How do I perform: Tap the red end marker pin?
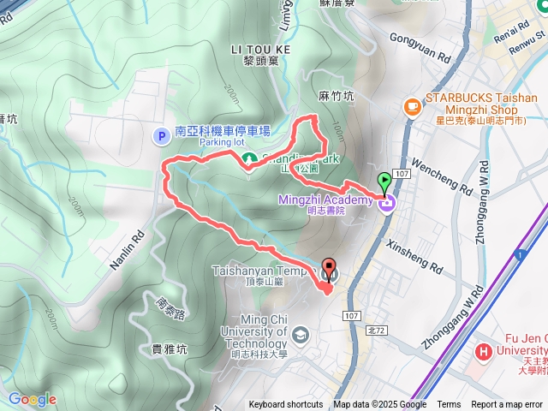click(330, 268)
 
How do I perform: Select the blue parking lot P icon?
click(160, 135)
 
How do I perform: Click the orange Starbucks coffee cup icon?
click(413, 105)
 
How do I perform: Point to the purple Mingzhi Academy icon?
click(386, 203)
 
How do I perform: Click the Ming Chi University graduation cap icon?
click(300, 333)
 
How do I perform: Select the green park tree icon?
click(250, 159)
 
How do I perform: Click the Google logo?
click(32, 399)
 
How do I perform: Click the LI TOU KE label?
click(260, 50)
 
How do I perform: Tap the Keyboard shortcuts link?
click(286, 405)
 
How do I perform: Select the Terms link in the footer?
click(449, 405)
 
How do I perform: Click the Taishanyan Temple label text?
click(264, 271)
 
